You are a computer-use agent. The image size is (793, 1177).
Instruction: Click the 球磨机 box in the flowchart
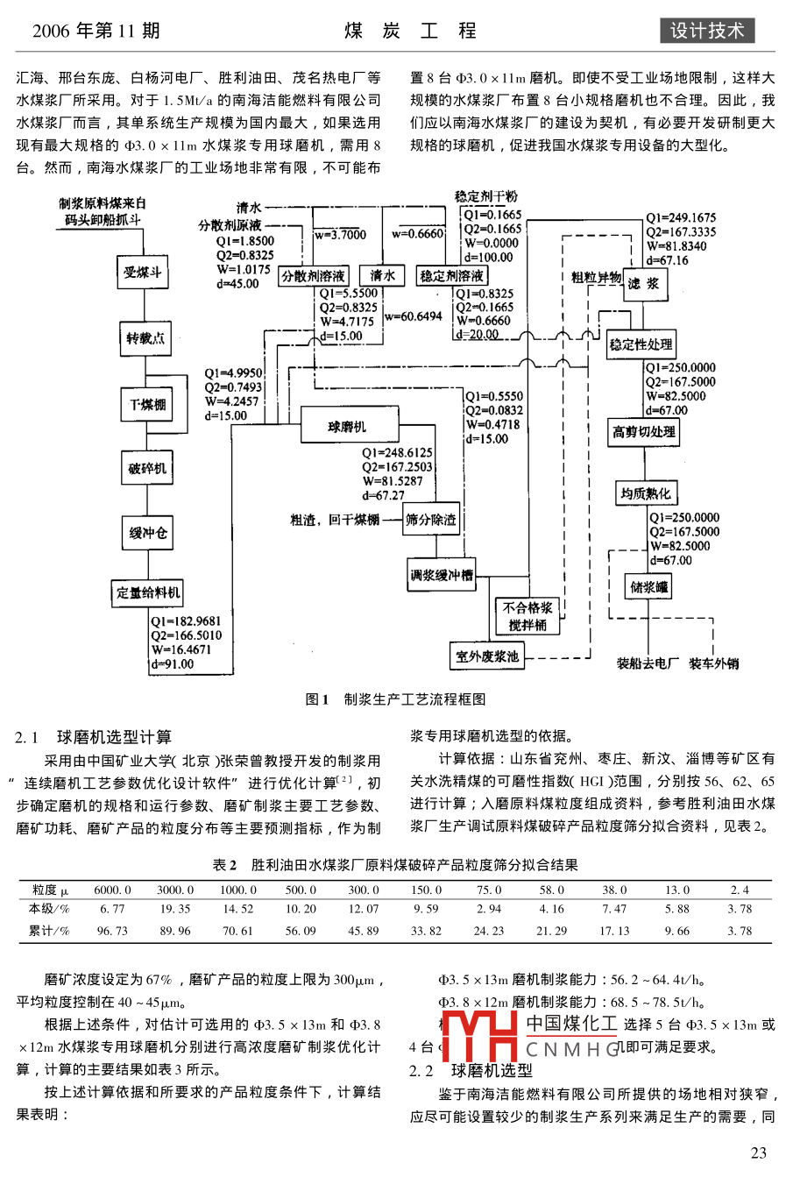(x=349, y=427)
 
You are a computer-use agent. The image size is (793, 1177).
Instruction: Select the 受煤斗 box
(x=143, y=273)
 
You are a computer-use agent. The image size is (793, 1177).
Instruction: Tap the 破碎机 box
(x=147, y=469)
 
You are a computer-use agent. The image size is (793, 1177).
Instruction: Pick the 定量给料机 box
(x=147, y=592)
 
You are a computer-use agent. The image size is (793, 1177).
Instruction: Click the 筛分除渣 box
(x=430, y=520)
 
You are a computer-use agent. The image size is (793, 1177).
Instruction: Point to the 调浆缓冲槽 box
(x=442, y=575)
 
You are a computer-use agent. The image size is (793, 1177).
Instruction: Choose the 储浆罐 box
(x=649, y=587)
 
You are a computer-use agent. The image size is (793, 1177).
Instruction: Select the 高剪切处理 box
(x=645, y=431)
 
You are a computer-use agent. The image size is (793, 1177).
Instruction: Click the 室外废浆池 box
(x=487, y=656)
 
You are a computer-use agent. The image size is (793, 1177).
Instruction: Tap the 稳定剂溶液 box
(x=451, y=275)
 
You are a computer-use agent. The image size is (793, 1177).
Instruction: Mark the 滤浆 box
(x=644, y=283)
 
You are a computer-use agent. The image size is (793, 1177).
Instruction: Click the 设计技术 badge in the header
(x=706, y=31)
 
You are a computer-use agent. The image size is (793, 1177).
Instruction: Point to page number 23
(x=758, y=1152)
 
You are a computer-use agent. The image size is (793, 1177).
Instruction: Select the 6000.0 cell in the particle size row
(x=112, y=890)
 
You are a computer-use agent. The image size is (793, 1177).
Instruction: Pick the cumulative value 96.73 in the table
(x=112, y=931)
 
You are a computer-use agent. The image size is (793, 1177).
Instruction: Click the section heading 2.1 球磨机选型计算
(x=94, y=737)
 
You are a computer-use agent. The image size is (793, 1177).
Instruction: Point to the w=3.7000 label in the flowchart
(x=341, y=234)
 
